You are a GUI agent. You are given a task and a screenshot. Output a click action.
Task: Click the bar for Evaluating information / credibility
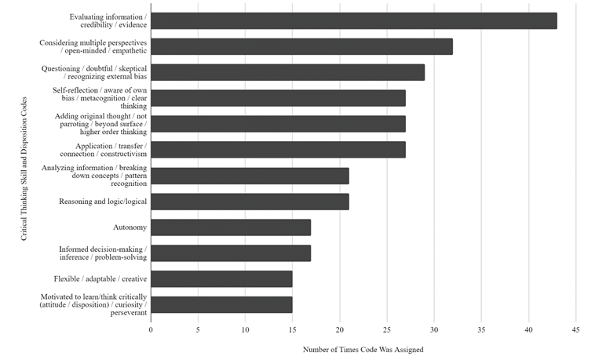click(x=353, y=21)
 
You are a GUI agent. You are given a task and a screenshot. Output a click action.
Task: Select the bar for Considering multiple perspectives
click(x=301, y=47)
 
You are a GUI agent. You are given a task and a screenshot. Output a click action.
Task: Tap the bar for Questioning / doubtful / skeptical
click(x=287, y=73)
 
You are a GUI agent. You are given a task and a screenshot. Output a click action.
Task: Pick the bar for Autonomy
click(x=231, y=227)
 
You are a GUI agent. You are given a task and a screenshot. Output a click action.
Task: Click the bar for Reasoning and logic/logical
click(x=250, y=202)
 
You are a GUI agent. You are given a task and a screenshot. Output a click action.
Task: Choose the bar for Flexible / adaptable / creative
click(x=221, y=279)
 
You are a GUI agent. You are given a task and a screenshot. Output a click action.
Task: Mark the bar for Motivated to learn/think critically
click(x=221, y=305)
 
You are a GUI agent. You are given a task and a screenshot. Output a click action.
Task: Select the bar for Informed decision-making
click(x=231, y=253)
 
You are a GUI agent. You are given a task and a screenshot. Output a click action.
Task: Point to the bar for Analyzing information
click(x=250, y=176)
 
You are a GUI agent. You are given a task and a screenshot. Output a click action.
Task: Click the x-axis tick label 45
click(x=576, y=329)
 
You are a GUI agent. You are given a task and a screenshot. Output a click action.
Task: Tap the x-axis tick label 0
click(x=151, y=329)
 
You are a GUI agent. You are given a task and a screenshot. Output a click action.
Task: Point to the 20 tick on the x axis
click(x=340, y=329)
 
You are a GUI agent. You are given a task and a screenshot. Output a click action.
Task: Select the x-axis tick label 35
click(x=481, y=329)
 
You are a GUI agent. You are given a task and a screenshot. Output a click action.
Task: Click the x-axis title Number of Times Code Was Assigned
click(x=363, y=350)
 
